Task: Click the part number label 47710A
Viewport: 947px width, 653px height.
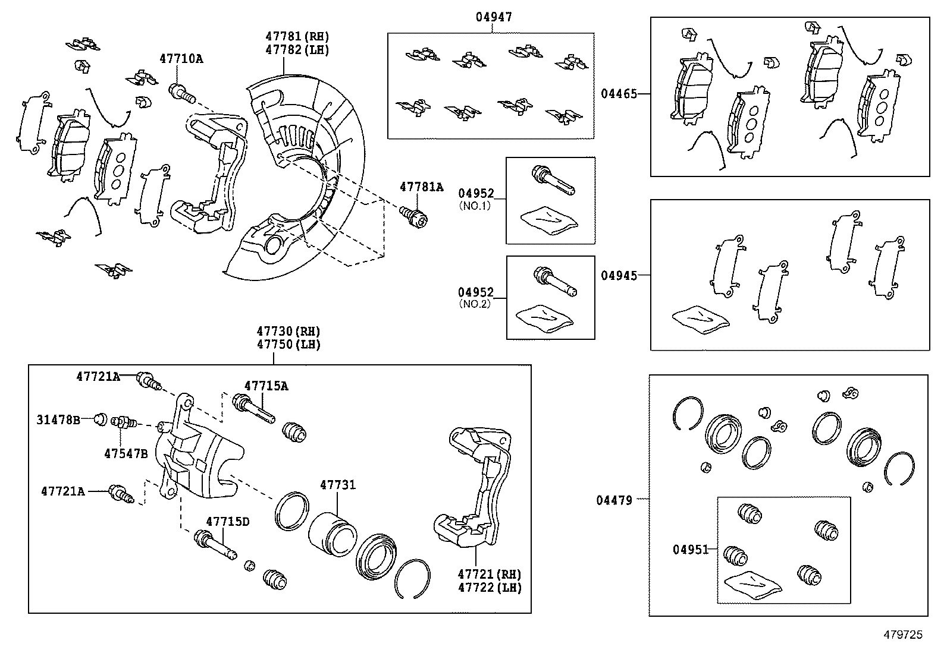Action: (181, 59)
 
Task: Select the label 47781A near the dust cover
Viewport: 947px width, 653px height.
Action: (421, 187)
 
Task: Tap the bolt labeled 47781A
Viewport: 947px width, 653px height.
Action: (416, 218)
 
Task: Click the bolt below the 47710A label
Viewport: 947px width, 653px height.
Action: (181, 92)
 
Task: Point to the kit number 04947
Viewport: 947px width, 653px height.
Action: (494, 18)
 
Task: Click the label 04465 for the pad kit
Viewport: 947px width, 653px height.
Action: (618, 93)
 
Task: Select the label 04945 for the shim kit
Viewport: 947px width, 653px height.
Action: (618, 275)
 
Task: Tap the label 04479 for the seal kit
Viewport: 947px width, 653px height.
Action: (614, 500)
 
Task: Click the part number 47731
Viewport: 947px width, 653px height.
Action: (337, 485)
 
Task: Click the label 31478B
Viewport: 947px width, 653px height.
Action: (58, 419)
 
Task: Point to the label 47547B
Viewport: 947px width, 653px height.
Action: (126, 453)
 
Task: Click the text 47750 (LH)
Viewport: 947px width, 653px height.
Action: (289, 345)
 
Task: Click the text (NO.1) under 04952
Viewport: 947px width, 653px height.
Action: (475, 205)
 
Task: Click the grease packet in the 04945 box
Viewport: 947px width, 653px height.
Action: (700, 318)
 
